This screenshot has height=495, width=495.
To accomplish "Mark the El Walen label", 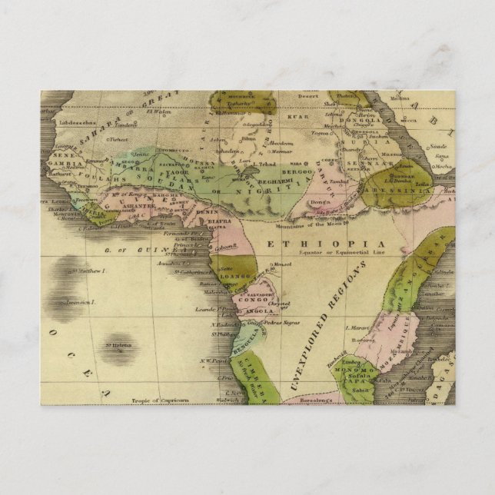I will [x=161, y=111].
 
